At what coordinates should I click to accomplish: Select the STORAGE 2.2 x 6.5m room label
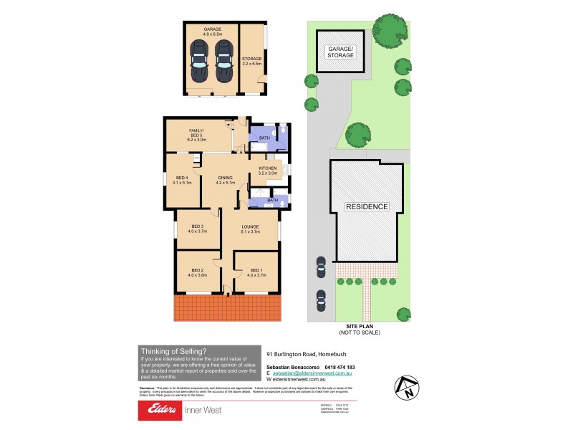[x=252, y=62]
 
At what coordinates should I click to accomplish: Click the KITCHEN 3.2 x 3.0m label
[x=266, y=171]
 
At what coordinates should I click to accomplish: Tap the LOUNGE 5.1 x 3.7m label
[x=249, y=229]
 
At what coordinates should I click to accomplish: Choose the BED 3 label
[x=198, y=229]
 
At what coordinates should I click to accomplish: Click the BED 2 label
[x=198, y=272]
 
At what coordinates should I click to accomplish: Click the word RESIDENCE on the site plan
[x=367, y=206]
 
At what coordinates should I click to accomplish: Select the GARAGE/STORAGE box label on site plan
[x=341, y=52]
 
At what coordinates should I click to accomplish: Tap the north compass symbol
[x=406, y=388]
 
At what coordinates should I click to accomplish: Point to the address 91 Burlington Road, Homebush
[x=306, y=354]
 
